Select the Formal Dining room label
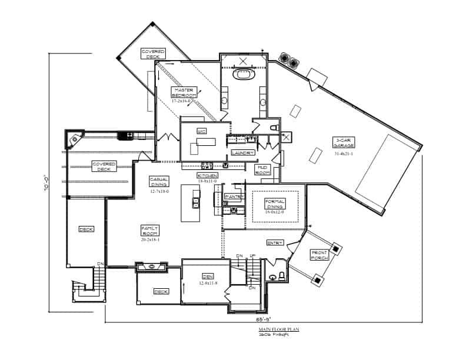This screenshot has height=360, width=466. (275, 204)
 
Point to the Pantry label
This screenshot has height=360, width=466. (234, 196)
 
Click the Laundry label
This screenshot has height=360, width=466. (243, 153)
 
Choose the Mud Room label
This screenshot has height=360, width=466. (262, 170)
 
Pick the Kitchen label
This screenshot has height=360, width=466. (207, 176)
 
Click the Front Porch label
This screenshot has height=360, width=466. (319, 255)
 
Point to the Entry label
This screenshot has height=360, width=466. (275, 242)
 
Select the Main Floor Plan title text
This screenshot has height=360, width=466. (278, 330)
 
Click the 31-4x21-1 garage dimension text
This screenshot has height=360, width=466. (344, 154)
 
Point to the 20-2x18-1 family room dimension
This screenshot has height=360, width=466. (151, 239)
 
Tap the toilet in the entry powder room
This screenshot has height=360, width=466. (282, 276)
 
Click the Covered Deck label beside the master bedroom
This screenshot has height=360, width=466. (153, 54)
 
